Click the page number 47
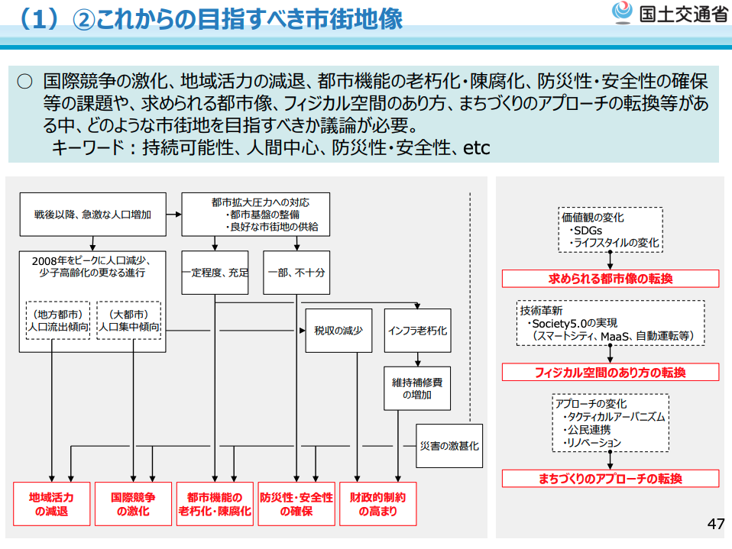715,525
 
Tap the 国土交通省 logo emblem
621,13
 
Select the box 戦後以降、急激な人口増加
92,215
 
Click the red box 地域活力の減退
51,504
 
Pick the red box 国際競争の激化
133,504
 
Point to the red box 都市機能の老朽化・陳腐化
215,504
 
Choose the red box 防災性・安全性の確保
296,504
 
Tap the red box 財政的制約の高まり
377,504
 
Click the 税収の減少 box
338,331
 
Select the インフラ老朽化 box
417,331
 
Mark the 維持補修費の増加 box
417,388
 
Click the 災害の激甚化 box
449,445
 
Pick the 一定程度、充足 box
215,272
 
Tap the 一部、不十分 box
296,272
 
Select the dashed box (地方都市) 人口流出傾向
58,320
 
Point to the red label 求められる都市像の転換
610,279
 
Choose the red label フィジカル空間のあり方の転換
610,372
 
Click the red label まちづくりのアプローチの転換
610,479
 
